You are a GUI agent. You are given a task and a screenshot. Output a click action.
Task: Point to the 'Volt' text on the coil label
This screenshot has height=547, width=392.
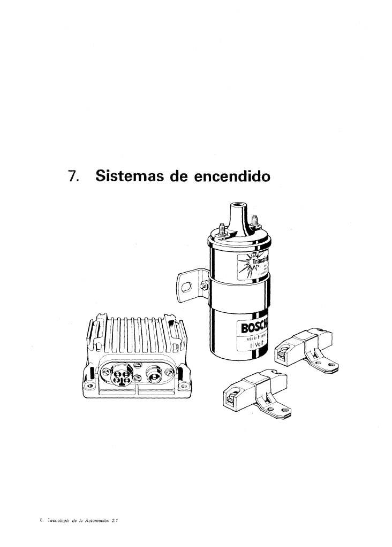pyautogui.click(x=261, y=344)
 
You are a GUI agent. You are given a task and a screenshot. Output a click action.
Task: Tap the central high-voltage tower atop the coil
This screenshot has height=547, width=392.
pyautogui.click(x=236, y=214)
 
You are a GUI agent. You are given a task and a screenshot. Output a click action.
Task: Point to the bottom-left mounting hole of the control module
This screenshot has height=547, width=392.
pyautogui.click(x=89, y=386)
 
